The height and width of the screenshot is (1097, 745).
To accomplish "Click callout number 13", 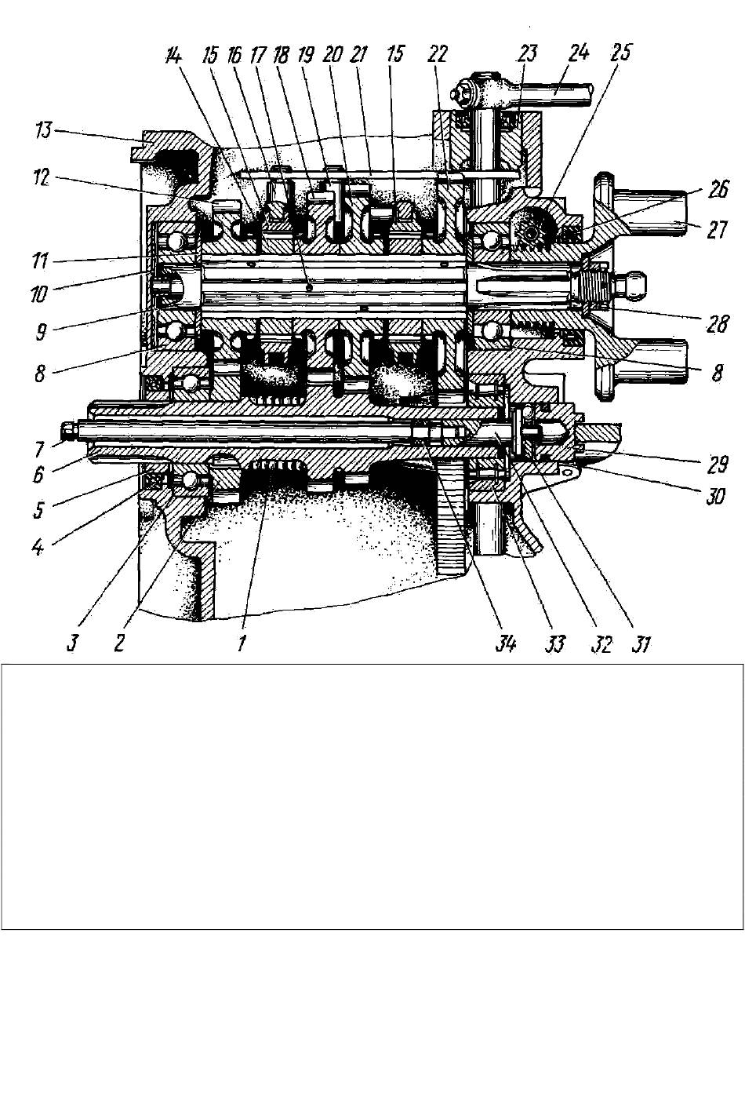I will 44,130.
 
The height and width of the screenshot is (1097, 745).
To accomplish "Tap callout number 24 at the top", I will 578,53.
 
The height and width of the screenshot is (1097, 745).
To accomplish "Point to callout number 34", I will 505,645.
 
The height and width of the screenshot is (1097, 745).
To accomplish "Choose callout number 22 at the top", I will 438,53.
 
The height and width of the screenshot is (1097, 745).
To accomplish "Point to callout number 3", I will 71,644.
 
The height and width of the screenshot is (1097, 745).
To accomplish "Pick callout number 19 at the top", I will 306,54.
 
